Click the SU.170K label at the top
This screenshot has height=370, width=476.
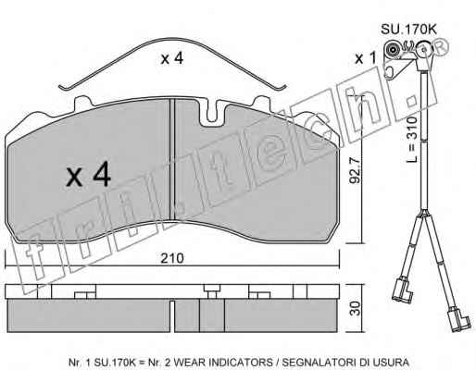coord(408,30)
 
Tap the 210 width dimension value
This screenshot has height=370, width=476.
coord(172,258)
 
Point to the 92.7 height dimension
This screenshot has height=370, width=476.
coord(355,170)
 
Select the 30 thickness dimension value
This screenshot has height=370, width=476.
coord(356,308)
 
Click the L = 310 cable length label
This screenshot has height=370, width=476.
coord(411,140)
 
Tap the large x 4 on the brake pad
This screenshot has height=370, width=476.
coord(89,174)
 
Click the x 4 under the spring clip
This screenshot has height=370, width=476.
coord(172,58)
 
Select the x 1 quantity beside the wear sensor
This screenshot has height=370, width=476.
coord(366,58)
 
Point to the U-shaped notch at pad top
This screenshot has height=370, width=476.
coord(212,115)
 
